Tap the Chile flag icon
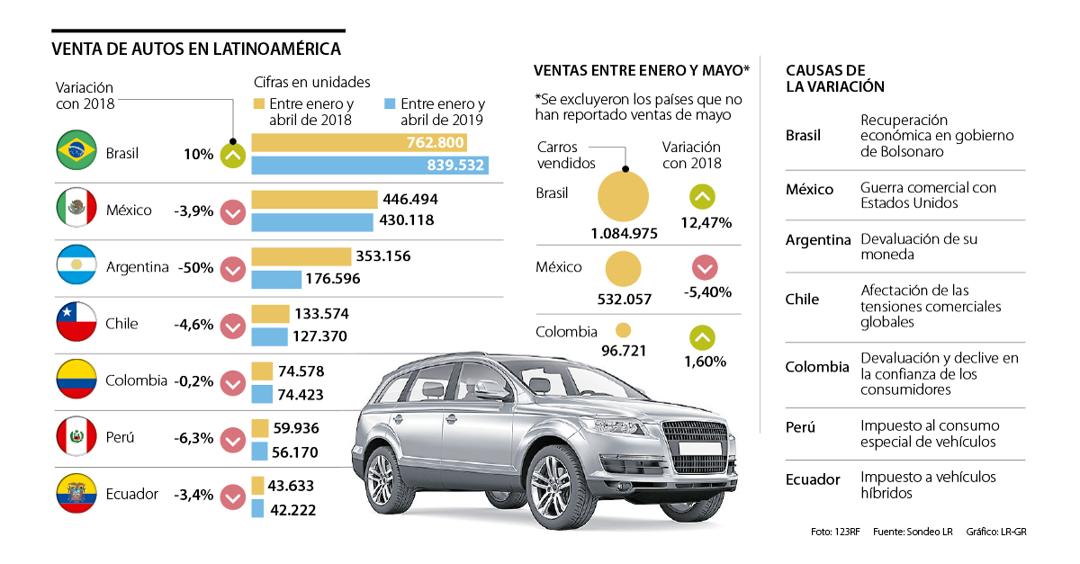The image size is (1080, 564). click(x=76, y=323)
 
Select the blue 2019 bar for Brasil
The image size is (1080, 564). click(x=370, y=166)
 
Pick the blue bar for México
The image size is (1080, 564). click(x=311, y=221)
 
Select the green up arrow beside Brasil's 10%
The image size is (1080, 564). click(x=233, y=155)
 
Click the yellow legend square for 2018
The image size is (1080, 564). click(x=260, y=104)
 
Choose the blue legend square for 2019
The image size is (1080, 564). click(x=391, y=104)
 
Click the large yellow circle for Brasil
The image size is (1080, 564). click(x=623, y=195)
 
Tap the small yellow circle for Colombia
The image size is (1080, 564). click(x=622, y=331)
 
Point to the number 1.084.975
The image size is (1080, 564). click(x=624, y=234)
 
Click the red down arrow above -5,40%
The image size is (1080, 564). click(x=704, y=267)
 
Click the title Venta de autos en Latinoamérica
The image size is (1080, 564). click(x=196, y=49)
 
